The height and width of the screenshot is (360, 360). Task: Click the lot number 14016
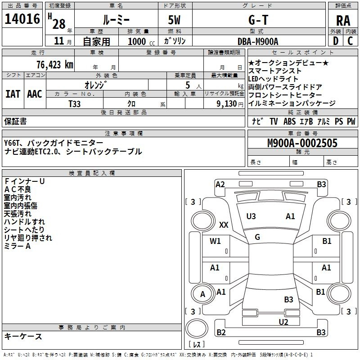click(x=22, y=18)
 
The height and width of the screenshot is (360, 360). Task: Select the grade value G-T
click(x=258, y=20)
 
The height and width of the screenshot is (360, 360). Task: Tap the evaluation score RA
click(x=343, y=21)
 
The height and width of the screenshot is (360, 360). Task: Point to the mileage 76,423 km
click(x=55, y=64)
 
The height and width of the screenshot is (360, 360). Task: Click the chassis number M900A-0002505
click(x=302, y=143)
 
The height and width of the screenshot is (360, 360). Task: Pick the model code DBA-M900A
click(x=258, y=41)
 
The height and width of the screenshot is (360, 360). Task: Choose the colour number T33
click(x=75, y=104)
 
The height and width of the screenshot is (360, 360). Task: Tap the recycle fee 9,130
click(x=227, y=104)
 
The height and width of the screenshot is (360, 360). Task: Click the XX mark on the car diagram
click(x=224, y=225)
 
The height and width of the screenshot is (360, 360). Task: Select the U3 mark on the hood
click(x=251, y=216)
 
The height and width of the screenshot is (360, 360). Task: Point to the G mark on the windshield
click(x=257, y=237)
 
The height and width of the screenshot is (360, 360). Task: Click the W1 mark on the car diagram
click(x=215, y=241)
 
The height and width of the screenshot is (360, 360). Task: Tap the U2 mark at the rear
click(x=283, y=322)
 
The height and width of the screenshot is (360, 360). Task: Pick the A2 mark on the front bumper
click(x=220, y=184)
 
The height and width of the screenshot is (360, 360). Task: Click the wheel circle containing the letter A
click(x=202, y=294)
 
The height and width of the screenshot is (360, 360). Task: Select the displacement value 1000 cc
click(x=141, y=41)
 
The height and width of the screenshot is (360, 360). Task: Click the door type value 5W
click(x=174, y=20)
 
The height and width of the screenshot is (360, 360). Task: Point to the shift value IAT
click(x=13, y=94)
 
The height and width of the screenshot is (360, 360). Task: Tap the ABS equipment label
click(x=289, y=121)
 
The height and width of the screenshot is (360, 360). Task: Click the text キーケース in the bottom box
click(x=23, y=336)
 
